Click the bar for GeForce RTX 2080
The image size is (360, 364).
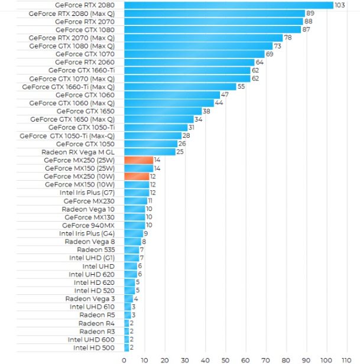(x=229, y=5)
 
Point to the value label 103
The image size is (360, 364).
(x=340, y=5)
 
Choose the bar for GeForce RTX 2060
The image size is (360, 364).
(x=189, y=62)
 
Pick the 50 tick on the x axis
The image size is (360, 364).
(x=226, y=359)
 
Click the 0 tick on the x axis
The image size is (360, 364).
(x=124, y=359)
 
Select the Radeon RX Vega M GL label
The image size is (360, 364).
(x=79, y=152)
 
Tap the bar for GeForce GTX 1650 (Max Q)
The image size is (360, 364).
(x=159, y=119)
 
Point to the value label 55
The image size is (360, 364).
(x=241, y=86)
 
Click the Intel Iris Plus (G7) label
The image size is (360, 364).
(x=87, y=193)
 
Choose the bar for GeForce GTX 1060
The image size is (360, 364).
(x=171, y=95)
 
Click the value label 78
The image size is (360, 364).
(x=287, y=37)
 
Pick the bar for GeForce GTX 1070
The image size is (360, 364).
(x=194, y=54)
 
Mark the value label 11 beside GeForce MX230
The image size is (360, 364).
(x=150, y=201)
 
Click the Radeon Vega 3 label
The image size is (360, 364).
(x=90, y=298)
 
